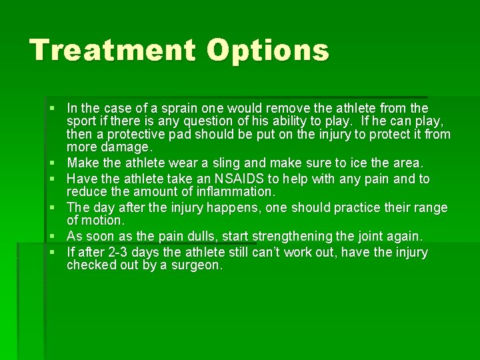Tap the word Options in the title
(x=268, y=50)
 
